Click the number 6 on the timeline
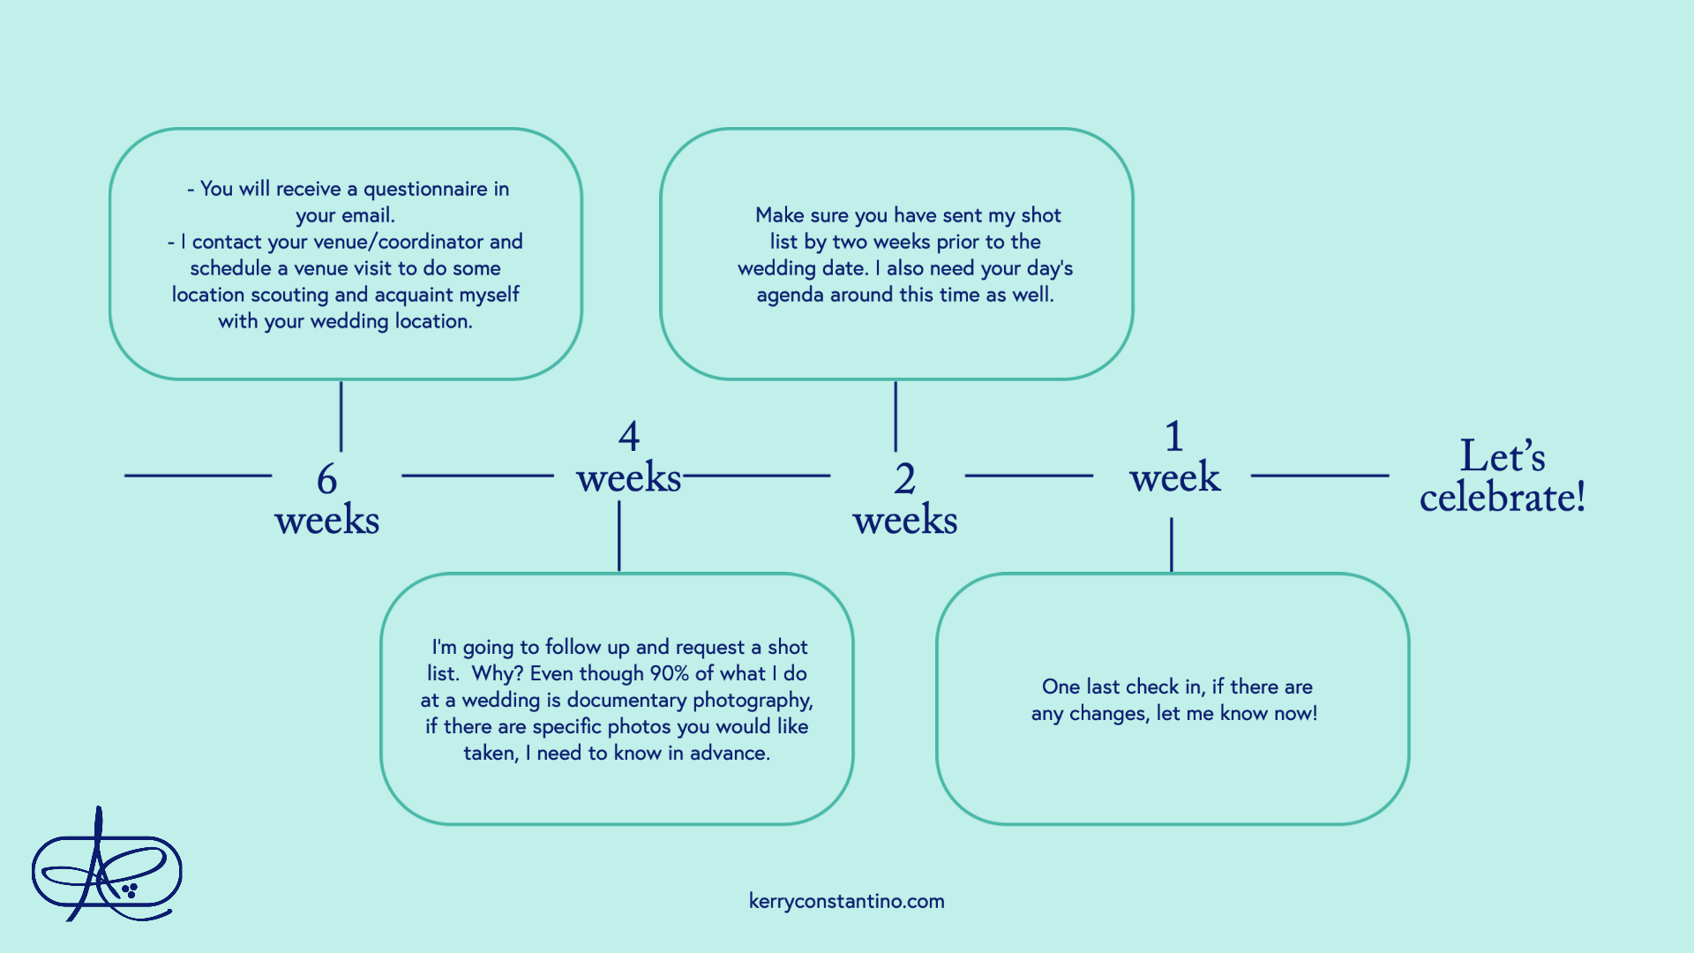pos(326,479)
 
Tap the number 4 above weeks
pos(628,436)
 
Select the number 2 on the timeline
pos(904,479)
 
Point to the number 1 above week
pos(1173,436)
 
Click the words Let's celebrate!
pos(1502,476)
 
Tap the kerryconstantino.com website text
pos(846,901)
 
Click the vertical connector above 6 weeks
pos(341,416)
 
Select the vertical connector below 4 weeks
pos(618,536)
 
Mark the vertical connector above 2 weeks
pos(895,416)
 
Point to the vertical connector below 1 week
pos(1171,544)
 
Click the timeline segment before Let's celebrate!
pos(1319,476)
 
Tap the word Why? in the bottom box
pos(497,673)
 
